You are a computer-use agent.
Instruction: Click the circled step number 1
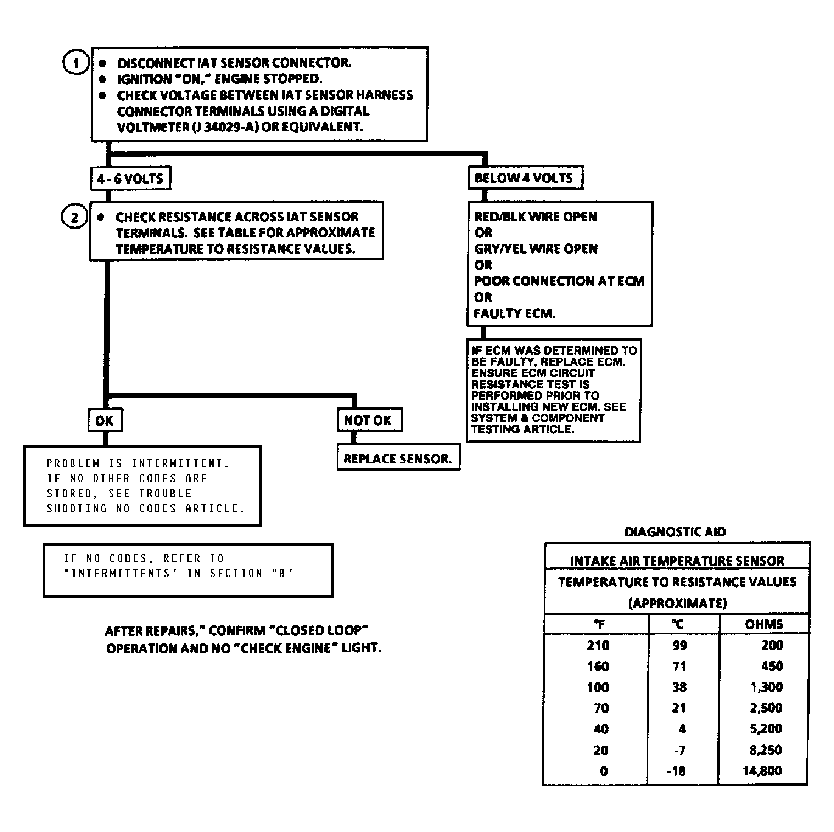tap(75, 63)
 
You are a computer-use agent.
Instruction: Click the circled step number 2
tap(74, 217)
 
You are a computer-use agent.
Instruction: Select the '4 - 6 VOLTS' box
tap(130, 179)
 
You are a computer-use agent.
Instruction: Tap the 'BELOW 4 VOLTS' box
tap(524, 178)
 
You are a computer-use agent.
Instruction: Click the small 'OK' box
tap(104, 420)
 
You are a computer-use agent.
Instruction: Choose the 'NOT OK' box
tap(368, 420)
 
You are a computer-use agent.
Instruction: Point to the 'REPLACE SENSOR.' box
tap(398, 459)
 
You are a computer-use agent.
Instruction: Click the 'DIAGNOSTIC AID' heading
tap(675, 532)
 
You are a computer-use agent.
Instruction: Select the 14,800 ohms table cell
tap(762, 771)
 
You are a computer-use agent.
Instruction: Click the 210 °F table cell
tap(598, 645)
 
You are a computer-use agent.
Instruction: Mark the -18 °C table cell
tap(676, 771)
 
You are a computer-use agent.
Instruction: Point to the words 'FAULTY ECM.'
tap(514, 314)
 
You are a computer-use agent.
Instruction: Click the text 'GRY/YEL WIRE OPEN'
tap(536, 249)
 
